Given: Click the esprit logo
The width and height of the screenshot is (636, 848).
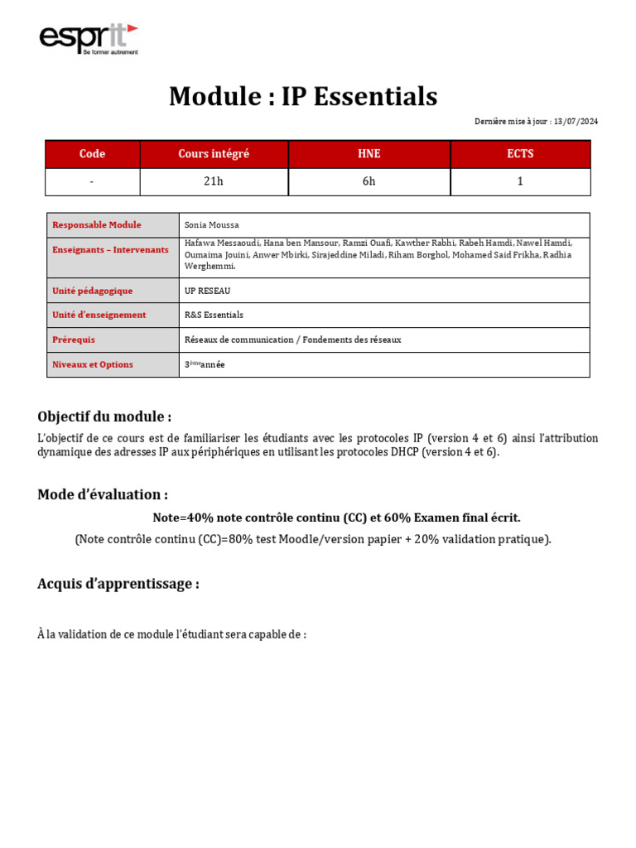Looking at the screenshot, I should click(89, 39).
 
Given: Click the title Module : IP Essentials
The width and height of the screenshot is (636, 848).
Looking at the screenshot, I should click(303, 97).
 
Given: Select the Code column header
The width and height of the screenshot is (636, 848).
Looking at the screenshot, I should click(92, 154).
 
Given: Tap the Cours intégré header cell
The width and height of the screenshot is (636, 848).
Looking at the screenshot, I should click(214, 154).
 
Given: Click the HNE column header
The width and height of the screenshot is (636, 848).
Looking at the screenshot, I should click(369, 154).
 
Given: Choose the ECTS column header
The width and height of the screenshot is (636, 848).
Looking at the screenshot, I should click(520, 154).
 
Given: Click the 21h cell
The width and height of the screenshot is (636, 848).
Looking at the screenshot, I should click(214, 181).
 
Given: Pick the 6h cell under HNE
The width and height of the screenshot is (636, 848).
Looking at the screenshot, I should click(369, 181).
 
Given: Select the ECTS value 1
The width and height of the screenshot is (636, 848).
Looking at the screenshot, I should click(520, 181).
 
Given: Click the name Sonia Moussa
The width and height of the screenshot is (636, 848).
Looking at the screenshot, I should click(212, 224).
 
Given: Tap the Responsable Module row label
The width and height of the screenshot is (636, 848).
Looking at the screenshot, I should click(97, 224).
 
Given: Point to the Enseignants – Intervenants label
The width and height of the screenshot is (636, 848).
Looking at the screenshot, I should click(110, 249).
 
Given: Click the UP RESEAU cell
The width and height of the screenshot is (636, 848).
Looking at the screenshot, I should click(208, 291).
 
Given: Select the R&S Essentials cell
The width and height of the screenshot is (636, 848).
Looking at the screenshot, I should click(214, 315).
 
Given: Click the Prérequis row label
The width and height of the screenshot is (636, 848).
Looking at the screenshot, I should click(74, 340).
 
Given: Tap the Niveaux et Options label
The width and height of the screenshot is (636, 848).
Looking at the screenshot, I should click(93, 364).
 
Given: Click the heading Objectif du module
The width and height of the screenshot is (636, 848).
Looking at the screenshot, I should click(104, 417).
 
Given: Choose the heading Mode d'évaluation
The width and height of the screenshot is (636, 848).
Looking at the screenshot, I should click(103, 494).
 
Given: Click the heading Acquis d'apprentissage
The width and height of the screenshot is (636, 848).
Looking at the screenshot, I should click(118, 584).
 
